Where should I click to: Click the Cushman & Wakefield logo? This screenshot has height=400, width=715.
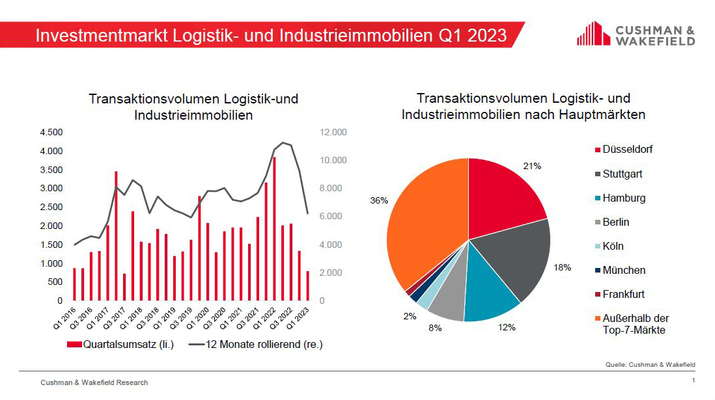[x=635, y=33]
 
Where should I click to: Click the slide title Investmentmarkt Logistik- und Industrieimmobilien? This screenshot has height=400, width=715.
[x=271, y=34]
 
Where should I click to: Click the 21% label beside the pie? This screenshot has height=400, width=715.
[x=532, y=167]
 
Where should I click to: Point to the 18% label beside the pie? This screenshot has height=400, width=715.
[x=562, y=267]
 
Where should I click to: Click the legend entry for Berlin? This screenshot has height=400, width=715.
[x=615, y=222]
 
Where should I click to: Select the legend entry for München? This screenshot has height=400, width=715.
[x=623, y=270]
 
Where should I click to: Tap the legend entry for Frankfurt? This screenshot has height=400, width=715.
[x=623, y=294]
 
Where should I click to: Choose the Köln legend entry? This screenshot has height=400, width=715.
[x=612, y=247]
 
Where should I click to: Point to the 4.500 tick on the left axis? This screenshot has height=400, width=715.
[x=51, y=132]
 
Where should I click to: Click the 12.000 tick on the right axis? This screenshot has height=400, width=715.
[x=334, y=132]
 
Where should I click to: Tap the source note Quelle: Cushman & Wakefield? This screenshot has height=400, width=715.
[x=650, y=364]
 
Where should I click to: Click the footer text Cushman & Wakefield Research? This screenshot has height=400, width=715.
[x=94, y=382]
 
